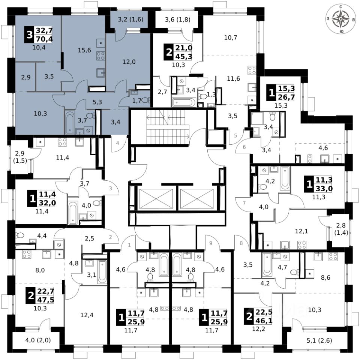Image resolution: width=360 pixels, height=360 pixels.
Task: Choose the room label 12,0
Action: (128, 62)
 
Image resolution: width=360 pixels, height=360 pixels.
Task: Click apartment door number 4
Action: (117, 143)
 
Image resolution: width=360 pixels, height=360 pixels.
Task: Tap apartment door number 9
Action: (211, 243)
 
